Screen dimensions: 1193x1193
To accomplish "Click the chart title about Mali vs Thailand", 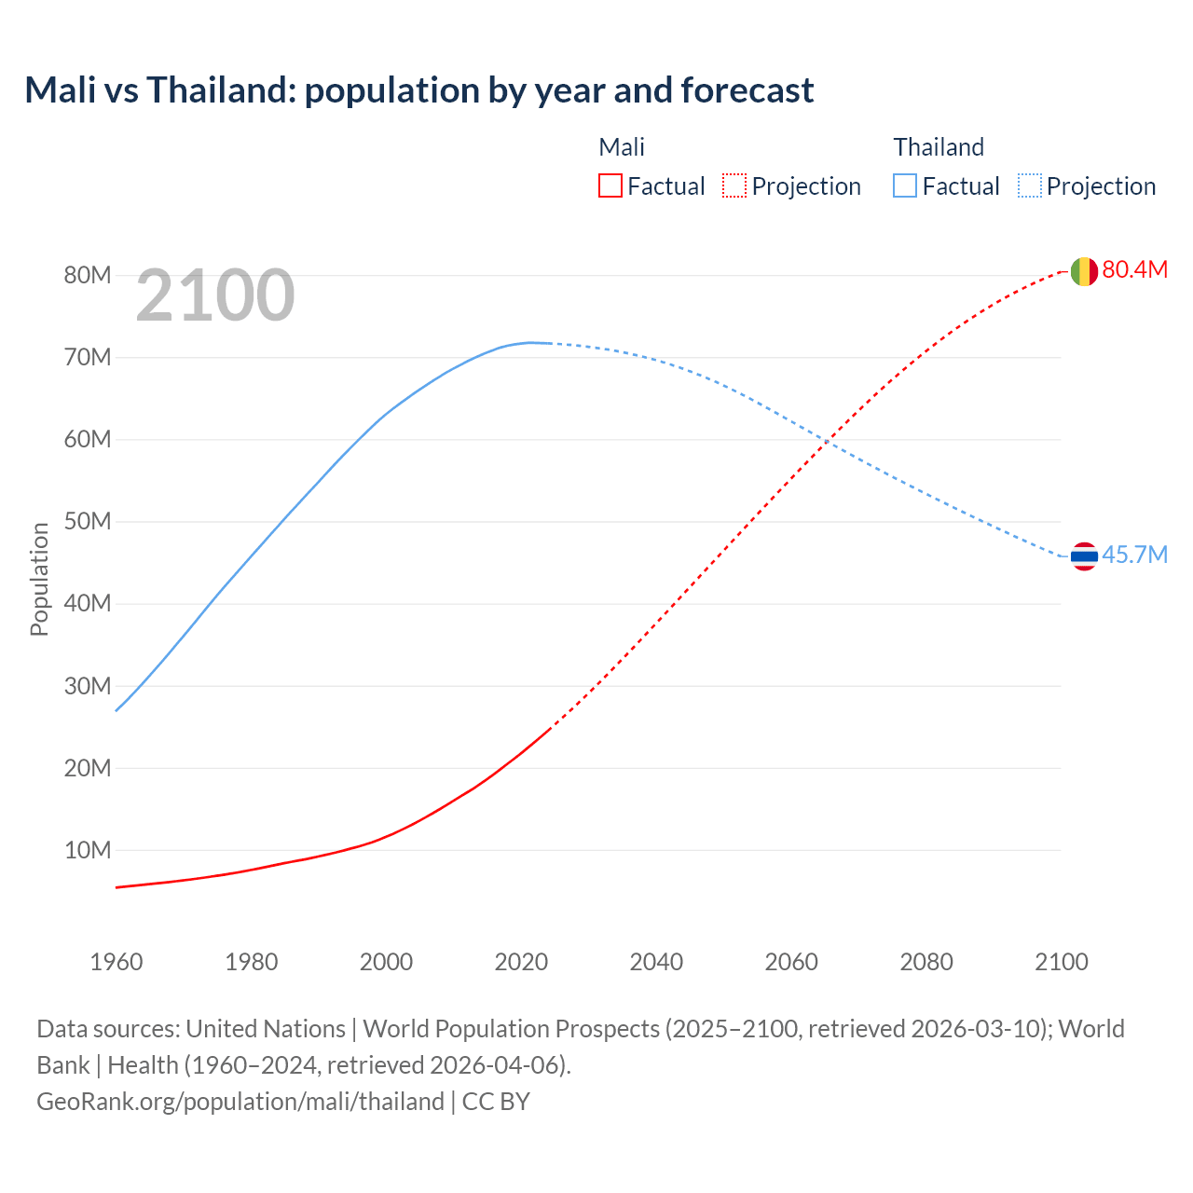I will tap(419, 90).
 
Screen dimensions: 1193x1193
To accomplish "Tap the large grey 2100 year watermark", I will tap(215, 295).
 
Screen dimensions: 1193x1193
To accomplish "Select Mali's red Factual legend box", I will tap(610, 185).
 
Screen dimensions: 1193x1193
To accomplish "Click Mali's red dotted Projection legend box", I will tap(734, 185).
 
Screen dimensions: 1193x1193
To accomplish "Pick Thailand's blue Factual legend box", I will tap(905, 185).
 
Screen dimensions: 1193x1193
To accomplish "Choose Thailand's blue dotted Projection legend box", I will tap(1029, 185).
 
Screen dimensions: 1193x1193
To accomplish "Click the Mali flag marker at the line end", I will tap(1083, 271).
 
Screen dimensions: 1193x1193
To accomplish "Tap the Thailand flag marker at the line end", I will tap(1083, 556).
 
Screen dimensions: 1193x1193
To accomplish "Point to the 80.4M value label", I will tap(1134, 269).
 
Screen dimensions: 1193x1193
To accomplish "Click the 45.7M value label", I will tap(1134, 555).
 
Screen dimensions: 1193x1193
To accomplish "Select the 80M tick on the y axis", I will tap(88, 275).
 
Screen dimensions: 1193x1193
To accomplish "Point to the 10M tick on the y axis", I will tap(88, 850).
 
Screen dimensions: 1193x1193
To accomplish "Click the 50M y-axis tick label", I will tap(88, 521).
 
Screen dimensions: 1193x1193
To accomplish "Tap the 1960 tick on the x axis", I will tap(117, 962).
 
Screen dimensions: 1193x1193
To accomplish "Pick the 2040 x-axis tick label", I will tap(656, 962).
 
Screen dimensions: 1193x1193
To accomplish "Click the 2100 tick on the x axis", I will tap(1061, 962).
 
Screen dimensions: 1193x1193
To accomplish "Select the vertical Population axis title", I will tap(39, 579).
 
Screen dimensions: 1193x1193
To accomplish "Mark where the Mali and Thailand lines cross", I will tap(827, 439).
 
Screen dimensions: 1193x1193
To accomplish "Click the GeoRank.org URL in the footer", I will tap(240, 1101).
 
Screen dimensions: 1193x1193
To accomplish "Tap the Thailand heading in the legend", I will tap(939, 147).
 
